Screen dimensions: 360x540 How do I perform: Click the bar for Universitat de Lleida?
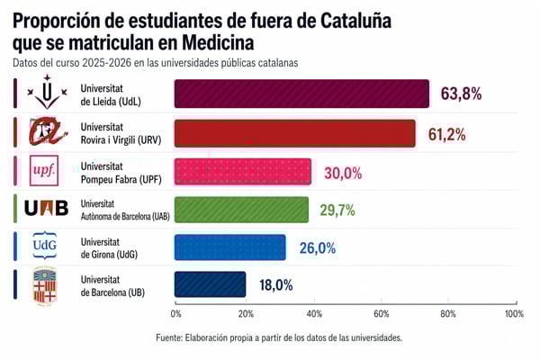[x=301, y=94]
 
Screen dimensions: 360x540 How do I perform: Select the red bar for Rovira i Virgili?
[x=295, y=133]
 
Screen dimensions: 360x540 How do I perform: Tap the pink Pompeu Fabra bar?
[x=243, y=172]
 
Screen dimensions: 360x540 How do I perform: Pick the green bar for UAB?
[x=242, y=210]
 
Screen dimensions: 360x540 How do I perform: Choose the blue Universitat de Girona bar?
[x=230, y=247]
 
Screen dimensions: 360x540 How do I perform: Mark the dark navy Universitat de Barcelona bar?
[x=210, y=285]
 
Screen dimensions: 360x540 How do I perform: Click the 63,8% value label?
[x=461, y=94]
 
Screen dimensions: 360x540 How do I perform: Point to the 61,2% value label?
[x=447, y=134]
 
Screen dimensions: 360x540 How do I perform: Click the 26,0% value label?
[x=317, y=248]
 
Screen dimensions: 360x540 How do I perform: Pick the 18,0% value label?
[x=275, y=285]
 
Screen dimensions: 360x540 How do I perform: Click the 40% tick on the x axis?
[x=312, y=314]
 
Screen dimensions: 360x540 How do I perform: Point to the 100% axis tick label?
[x=514, y=314]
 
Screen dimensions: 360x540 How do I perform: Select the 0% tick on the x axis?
[x=176, y=314]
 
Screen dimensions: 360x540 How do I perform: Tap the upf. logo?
[x=44, y=170]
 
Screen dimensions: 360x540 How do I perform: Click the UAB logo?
[x=46, y=209]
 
